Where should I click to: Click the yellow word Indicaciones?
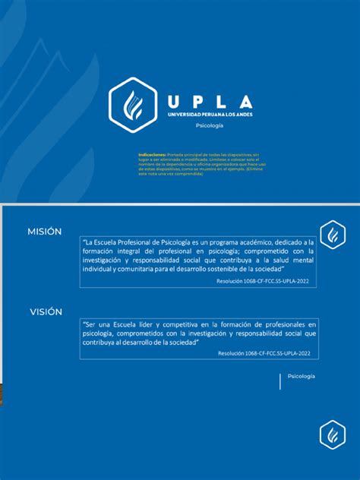click(152, 153)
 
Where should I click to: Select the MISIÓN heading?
click(45, 231)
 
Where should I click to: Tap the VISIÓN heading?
click(46, 311)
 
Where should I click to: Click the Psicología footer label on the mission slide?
click(301, 377)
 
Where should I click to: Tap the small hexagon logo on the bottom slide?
click(333, 434)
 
